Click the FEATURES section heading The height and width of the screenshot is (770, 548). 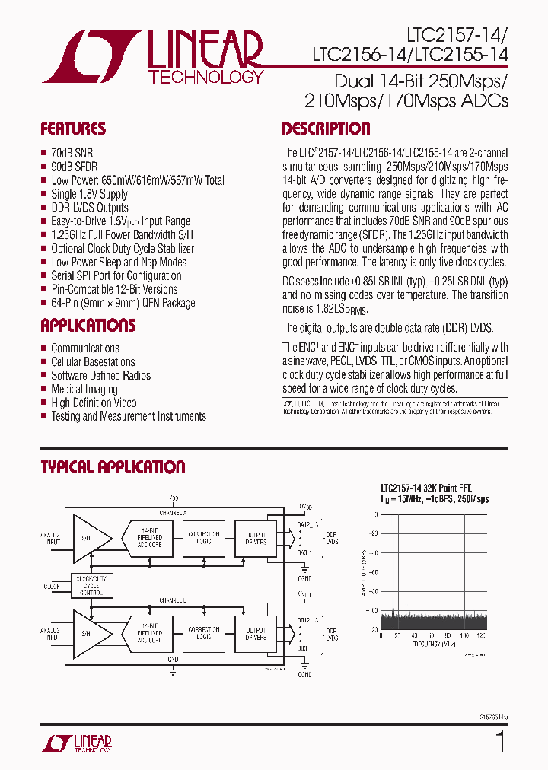tap(73, 129)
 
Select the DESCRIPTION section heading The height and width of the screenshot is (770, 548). tap(326, 129)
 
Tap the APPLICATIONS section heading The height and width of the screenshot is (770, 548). tap(88, 326)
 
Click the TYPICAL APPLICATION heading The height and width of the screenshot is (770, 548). tap(113, 467)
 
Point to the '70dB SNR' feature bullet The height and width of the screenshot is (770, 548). tap(72, 153)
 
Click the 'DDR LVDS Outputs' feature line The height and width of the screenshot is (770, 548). tap(90, 208)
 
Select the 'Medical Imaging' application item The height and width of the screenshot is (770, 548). tap(84, 390)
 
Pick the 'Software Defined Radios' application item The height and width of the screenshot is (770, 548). tap(100, 376)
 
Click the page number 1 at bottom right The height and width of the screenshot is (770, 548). tap(500, 742)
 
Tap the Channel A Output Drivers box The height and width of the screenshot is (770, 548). tap(256, 536)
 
